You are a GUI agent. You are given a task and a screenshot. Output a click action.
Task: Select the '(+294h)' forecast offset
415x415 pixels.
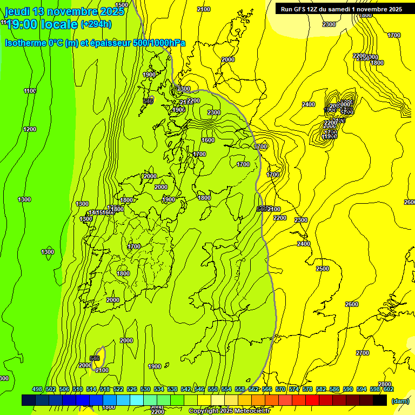click(x=96, y=24)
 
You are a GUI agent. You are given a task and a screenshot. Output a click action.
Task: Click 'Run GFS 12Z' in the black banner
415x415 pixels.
click(x=303, y=9)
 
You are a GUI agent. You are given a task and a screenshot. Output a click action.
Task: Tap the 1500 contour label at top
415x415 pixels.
click(x=122, y=5)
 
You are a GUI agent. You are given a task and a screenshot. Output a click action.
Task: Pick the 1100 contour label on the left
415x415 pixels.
click(x=30, y=91)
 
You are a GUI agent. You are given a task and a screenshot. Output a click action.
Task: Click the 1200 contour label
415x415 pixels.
click(x=30, y=129)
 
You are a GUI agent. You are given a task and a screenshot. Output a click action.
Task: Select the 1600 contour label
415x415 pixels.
click(x=208, y=140)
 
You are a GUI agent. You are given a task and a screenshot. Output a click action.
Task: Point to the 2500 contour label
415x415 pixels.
click(x=322, y=269)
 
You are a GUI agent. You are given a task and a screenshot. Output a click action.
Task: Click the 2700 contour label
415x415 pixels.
click(x=363, y=353)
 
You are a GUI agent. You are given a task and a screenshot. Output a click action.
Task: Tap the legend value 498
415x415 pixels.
click(x=37, y=389)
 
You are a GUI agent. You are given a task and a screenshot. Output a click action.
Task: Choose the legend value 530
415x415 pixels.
click(x=145, y=389)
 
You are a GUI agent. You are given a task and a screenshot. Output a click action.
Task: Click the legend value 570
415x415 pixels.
click(x=280, y=389)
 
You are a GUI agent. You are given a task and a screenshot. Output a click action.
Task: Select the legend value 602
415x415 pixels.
click(x=389, y=389)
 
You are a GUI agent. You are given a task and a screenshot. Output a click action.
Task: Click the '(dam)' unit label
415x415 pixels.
click(x=399, y=401)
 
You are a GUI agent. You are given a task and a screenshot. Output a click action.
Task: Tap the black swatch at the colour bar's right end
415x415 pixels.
click(x=380, y=400)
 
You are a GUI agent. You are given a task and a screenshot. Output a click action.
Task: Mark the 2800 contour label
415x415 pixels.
click(x=384, y=384)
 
